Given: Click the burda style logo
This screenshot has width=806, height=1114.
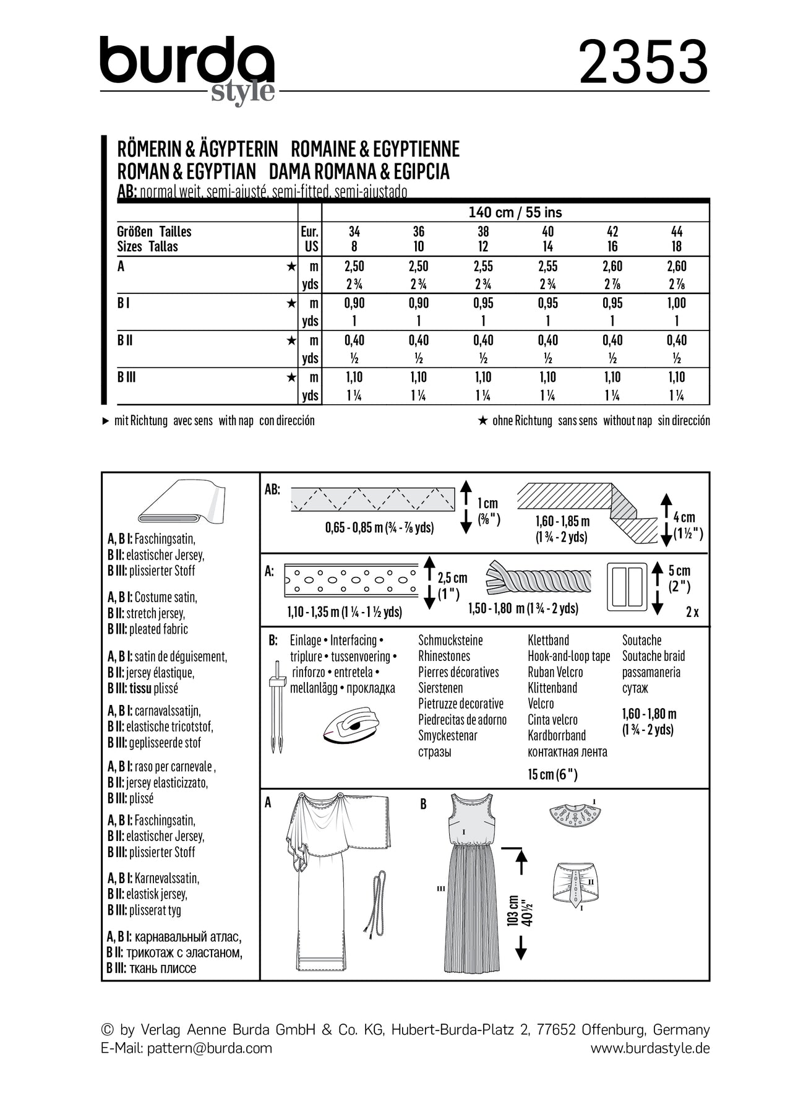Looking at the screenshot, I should click(187, 68).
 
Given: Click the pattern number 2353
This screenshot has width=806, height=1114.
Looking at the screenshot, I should click(643, 63).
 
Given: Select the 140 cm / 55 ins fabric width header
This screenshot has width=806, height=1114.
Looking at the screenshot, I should click(515, 212).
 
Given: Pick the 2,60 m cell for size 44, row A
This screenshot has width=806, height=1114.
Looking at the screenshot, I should click(677, 267).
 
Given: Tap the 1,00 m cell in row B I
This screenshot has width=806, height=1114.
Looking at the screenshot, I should click(677, 303).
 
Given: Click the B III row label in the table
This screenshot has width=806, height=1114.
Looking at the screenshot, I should click(127, 378).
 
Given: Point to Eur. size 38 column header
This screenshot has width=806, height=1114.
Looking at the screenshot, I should click(483, 231).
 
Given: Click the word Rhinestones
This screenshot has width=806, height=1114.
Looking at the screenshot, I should click(444, 656).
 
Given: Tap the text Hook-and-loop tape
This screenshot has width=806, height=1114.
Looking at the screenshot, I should click(568, 656).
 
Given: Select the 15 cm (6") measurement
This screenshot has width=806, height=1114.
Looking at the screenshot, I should click(552, 774).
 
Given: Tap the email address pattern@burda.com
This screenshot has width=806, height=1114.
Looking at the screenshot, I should click(210, 1048).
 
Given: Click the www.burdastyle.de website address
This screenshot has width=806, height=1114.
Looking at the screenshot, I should click(650, 1048).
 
